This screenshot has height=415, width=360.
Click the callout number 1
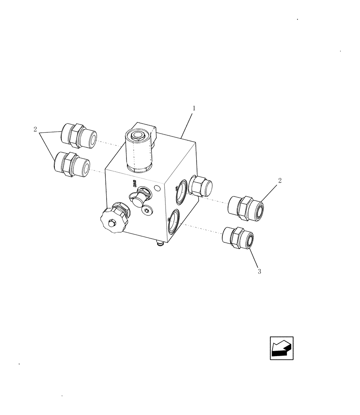(x=194, y=108)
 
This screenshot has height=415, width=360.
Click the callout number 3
(x=259, y=272)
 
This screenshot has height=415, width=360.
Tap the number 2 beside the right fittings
(x=280, y=181)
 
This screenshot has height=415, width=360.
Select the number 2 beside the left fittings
(x=35, y=129)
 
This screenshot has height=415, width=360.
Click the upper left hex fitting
(x=78, y=136)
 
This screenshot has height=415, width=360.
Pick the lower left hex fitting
(x=72, y=164)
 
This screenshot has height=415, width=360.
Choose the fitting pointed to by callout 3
(x=238, y=239)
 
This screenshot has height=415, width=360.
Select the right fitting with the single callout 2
(x=246, y=207)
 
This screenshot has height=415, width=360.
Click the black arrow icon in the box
(x=282, y=348)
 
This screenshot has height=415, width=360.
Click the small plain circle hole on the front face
(x=157, y=189)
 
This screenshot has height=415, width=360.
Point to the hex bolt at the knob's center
(x=110, y=224)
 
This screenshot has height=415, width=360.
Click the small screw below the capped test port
(x=147, y=212)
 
